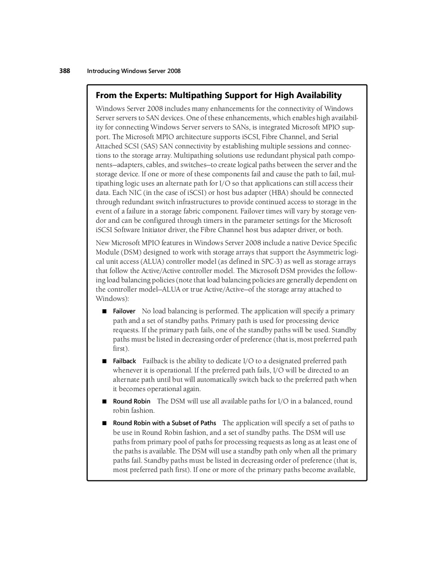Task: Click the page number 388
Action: (x=64, y=71)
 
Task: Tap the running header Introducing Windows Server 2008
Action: (x=134, y=71)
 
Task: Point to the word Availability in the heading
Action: (x=318, y=95)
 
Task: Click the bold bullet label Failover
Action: (x=124, y=311)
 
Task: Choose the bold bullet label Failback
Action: (x=124, y=361)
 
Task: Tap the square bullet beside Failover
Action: (x=104, y=311)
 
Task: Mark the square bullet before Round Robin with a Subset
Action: (x=104, y=423)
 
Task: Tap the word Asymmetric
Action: (x=329, y=252)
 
